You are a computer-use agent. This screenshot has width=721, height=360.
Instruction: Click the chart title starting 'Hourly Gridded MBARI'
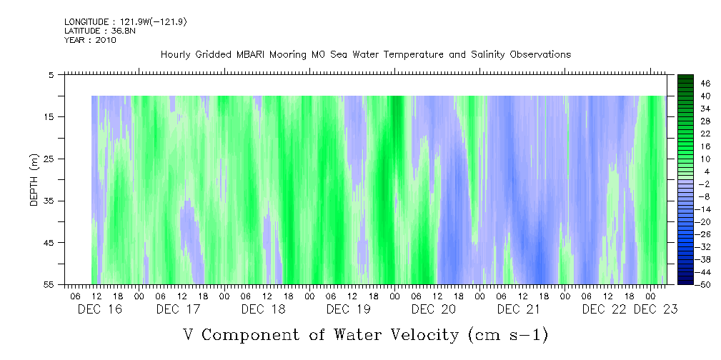click(365, 54)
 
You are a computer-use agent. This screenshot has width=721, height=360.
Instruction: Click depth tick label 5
click(51, 74)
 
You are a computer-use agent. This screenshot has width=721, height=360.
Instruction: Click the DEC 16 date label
click(99, 309)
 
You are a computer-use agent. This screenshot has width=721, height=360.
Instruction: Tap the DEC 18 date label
click(264, 309)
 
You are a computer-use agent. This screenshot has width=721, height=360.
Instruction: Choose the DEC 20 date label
click(433, 309)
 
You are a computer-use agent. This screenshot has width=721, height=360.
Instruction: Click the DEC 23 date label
click(655, 309)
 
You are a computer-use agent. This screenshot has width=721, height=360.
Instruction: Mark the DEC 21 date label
click(519, 309)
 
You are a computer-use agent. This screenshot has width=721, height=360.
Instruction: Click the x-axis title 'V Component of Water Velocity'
click(365, 334)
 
